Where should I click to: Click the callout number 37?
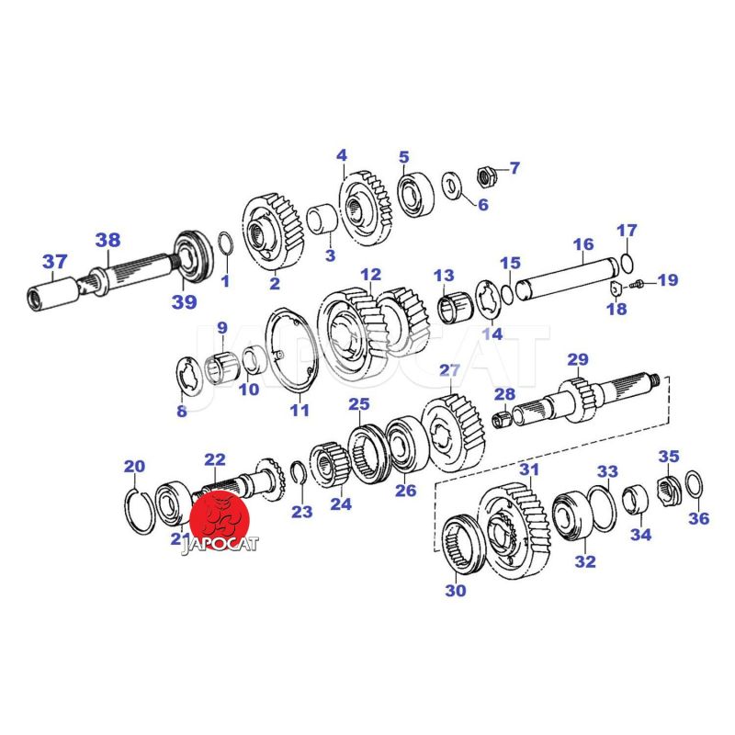click(x=55, y=262)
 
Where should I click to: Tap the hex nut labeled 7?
click(x=485, y=176)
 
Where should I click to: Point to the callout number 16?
click(x=583, y=244)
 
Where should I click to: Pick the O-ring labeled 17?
click(x=628, y=262)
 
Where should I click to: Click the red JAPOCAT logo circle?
click(x=220, y=520)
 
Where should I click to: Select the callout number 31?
click(x=530, y=469)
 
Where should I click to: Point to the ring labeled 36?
click(x=694, y=484)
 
